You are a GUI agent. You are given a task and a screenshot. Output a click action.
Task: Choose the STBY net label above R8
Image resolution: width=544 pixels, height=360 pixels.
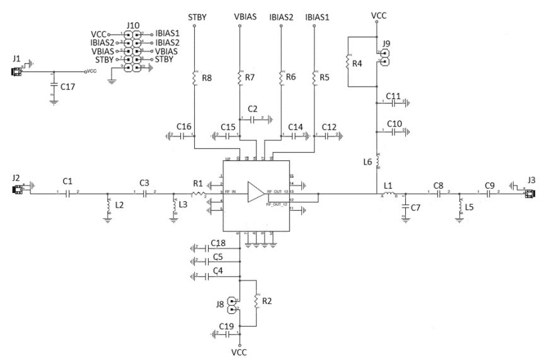[x=194, y=15]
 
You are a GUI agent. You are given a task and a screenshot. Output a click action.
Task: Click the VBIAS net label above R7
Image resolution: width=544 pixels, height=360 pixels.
[x=241, y=15]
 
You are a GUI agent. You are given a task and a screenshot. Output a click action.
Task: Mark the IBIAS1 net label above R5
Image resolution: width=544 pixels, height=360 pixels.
[x=317, y=15]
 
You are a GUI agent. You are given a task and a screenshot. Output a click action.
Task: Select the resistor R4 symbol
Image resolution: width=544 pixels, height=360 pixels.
[x=348, y=62]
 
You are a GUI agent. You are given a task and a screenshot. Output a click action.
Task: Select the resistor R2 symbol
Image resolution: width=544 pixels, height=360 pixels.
[x=256, y=301]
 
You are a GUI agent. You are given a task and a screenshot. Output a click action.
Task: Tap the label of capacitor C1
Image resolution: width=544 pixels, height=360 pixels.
[x=68, y=181]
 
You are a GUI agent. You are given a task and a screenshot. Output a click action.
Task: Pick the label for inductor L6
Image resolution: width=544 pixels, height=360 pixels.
[x=368, y=162]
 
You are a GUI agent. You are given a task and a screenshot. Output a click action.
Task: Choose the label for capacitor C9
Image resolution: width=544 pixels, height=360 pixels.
[x=490, y=185]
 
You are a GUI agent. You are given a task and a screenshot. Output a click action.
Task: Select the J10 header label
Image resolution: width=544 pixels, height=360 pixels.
[x=133, y=25]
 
